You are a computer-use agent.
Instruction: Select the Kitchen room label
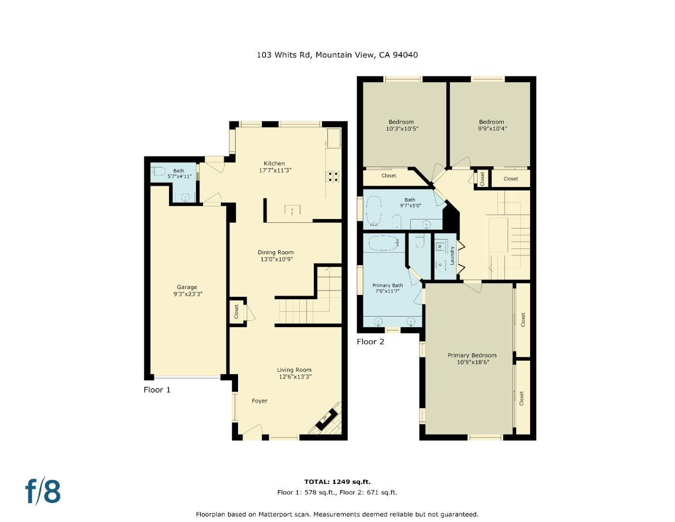click(274, 163)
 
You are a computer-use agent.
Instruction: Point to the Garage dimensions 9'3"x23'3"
click(188, 294)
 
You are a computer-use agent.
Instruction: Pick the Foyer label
click(259, 401)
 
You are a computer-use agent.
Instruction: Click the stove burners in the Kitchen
click(332, 176)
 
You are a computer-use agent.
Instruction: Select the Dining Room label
click(276, 252)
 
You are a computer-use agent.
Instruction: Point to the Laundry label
click(452, 256)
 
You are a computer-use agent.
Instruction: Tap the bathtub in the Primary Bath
click(384, 243)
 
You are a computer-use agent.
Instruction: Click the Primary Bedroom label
click(472, 355)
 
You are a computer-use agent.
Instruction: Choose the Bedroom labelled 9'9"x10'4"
click(492, 125)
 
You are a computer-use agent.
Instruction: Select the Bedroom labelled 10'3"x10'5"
click(402, 125)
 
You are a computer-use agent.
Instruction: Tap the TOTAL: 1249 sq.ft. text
click(337, 482)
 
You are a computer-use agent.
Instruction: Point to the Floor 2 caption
click(370, 342)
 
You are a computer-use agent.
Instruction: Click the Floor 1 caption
click(157, 390)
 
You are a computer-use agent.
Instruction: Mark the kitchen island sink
click(292, 210)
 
